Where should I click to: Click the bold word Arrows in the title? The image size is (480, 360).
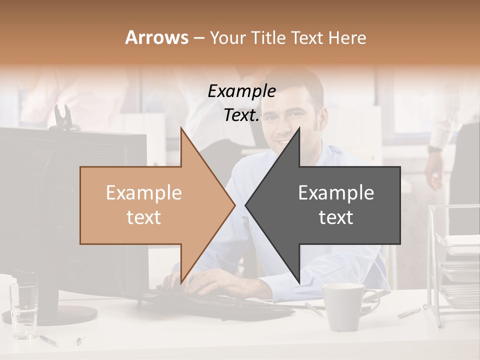pyautogui.click(x=156, y=37)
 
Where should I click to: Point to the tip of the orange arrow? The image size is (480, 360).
pyautogui.click(x=235, y=205)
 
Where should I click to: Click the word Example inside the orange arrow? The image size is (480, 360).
pyautogui.click(x=144, y=193)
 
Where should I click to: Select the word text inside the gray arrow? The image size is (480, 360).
pyautogui.click(x=336, y=217)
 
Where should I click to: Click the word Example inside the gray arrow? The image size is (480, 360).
pyautogui.click(x=336, y=193)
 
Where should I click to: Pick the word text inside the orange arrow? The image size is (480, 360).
pyautogui.click(x=144, y=217)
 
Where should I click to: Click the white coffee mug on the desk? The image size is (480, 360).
pyautogui.click(x=344, y=306)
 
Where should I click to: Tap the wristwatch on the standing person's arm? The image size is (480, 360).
pyautogui.click(x=435, y=148)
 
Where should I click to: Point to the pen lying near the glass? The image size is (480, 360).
pyautogui.click(x=48, y=340)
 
